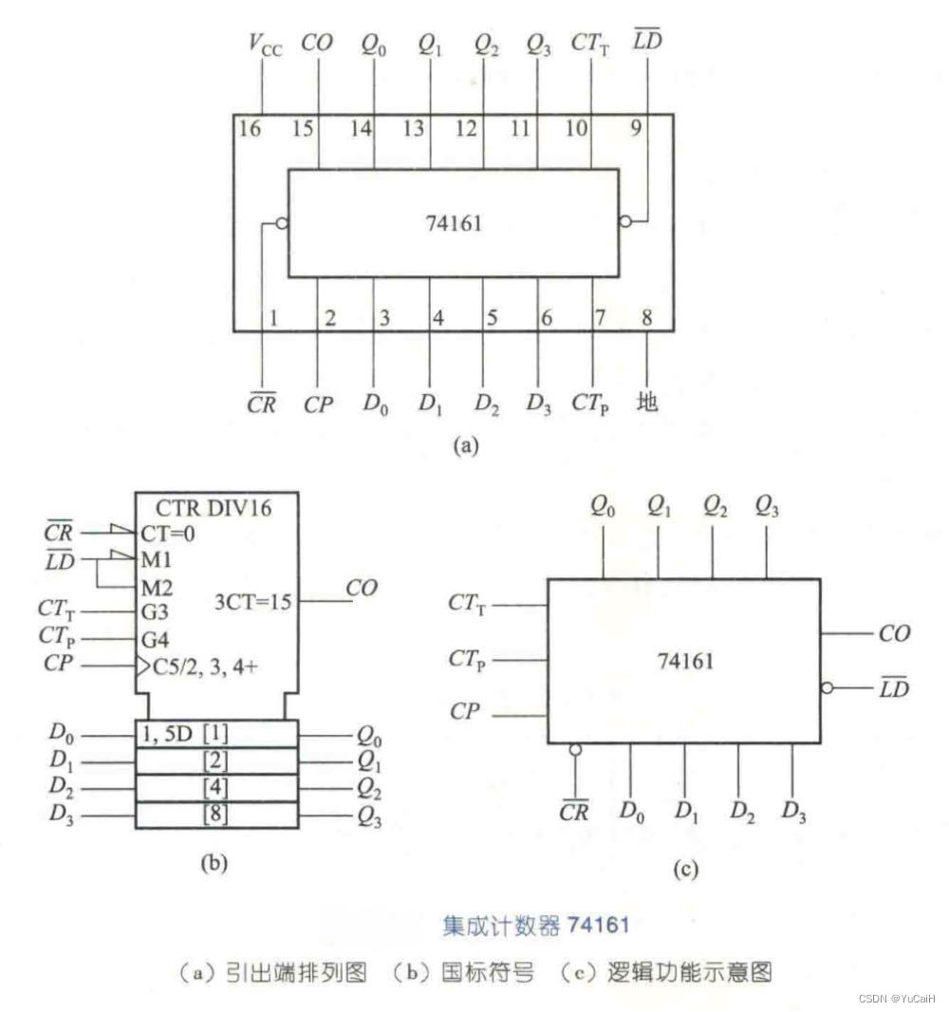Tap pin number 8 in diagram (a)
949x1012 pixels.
tap(647, 318)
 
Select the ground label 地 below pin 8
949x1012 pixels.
tap(648, 403)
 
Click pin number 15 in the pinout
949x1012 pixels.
tap(303, 128)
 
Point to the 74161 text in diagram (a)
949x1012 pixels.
tap(453, 224)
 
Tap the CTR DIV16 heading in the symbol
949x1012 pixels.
tap(215, 508)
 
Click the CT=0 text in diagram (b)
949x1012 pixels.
tap(168, 533)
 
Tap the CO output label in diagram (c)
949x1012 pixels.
tap(893, 633)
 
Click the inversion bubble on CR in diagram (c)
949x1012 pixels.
tap(574, 751)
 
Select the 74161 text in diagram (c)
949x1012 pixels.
tap(684, 661)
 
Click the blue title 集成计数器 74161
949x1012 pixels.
tap(535, 924)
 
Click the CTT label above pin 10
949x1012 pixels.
tap(590, 43)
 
